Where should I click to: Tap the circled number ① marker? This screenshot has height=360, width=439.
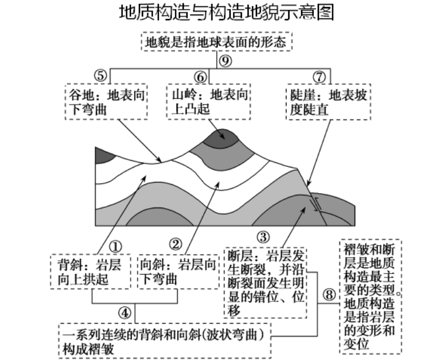pos(115,245)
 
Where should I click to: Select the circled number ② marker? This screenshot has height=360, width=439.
pos(175,244)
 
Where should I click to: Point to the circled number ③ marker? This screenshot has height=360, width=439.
pos(263,236)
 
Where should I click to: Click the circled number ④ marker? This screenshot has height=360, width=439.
pos(126,313)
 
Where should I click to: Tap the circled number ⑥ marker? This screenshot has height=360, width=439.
pos(199,75)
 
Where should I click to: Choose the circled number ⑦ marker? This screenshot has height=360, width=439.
pos(319,75)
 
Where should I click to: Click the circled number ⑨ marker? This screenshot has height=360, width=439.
pos(225,61)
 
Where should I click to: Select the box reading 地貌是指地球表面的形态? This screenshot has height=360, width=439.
pos(217,42)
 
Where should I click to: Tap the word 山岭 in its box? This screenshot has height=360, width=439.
pos(179,94)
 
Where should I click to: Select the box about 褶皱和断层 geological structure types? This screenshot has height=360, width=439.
pos(370,296)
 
